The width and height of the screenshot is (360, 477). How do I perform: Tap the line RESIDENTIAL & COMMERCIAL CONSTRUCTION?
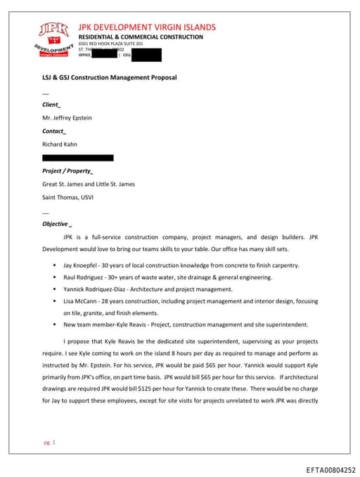pyautogui.click(x=131, y=37)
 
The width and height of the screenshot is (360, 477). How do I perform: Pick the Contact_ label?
pyautogui.click(x=54, y=131)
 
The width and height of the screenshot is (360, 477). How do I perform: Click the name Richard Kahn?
pyautogui.click(x=61, y=144)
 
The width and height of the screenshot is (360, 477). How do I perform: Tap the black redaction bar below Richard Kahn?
pyautogui.click(x=77, y=158)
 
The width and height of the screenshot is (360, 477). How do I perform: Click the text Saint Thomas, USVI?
pyautogui.click(x=67, y=197)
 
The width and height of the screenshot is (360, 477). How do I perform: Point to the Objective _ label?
pyautogui.click(x=57, y=224)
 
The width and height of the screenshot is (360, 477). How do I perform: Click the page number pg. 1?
pyautogui.click(x=49, y=443)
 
